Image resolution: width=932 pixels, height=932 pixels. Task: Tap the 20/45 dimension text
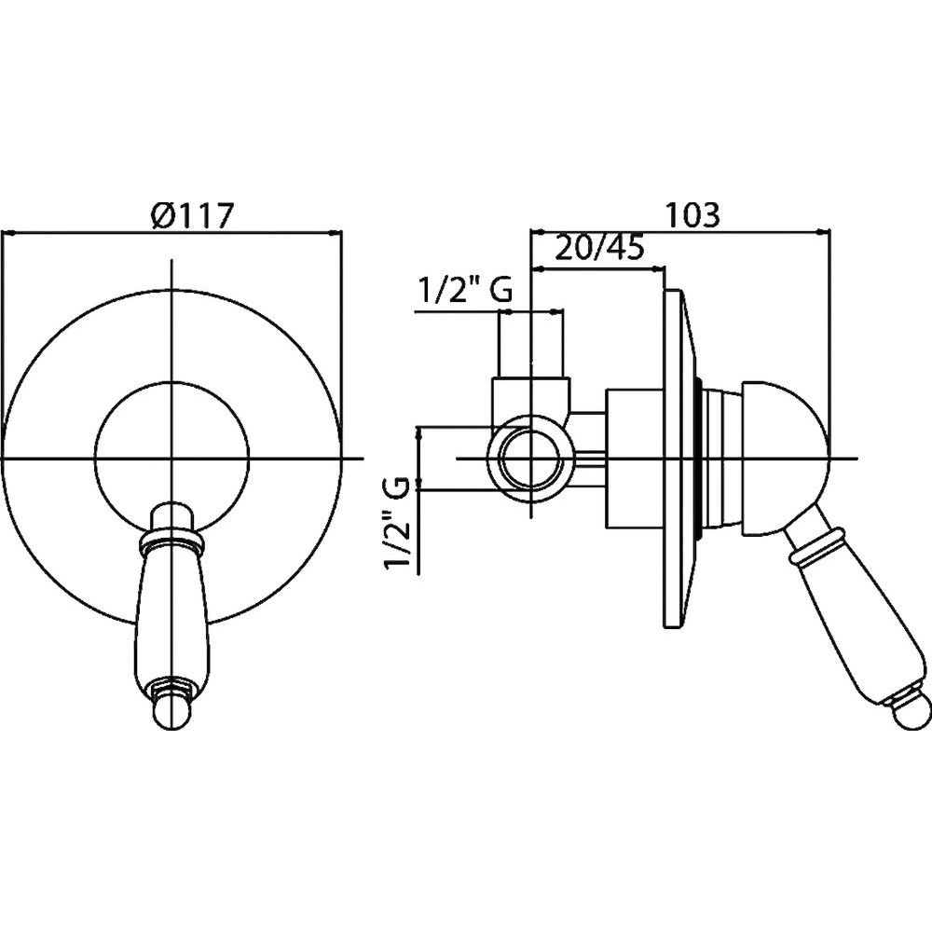(599, 249)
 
